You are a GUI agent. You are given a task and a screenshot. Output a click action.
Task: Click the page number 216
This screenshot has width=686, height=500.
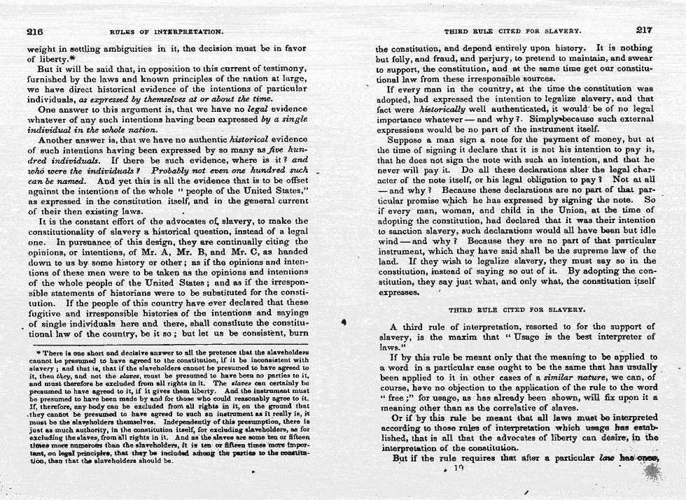[x=35, y=31]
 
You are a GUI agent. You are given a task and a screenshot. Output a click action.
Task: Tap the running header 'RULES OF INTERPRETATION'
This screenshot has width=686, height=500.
[x=167, y=31]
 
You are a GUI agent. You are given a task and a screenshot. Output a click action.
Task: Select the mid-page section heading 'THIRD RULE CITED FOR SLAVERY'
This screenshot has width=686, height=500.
[x=517, y=308]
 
